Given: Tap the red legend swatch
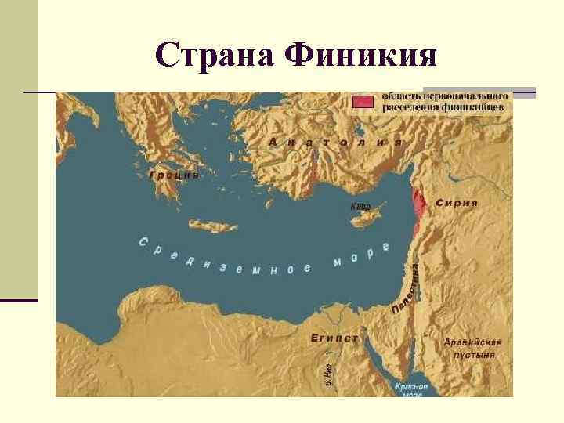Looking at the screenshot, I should (x=363, y=102).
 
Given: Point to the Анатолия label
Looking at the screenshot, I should (x=335, y=143).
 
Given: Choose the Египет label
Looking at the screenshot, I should (x=334, y=338).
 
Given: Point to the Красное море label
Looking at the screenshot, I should (x=410, y=390).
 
